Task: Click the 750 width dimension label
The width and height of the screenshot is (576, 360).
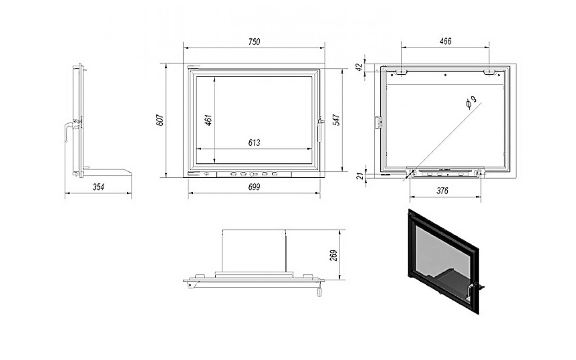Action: (254, 42)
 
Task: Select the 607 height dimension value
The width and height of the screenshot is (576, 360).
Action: (160, 120)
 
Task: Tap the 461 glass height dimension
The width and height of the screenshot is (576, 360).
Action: (208, 120)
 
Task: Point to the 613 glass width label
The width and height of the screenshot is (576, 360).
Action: (254, 143)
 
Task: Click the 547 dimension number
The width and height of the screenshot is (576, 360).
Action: (336, 120)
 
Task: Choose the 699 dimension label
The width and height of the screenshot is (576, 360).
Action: (254, 187)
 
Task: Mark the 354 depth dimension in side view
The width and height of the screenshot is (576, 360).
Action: (99, 187)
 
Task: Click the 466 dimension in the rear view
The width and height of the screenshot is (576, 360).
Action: (445, 41)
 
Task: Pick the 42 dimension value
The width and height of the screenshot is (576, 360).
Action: (360, 67)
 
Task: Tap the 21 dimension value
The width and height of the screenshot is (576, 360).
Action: (361, 176)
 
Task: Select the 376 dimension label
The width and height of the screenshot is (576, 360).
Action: (442, 191)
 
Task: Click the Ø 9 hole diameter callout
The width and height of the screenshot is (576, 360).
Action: (471, 103)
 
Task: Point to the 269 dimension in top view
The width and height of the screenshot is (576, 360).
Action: (333, 255)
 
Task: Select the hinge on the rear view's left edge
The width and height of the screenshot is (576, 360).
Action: (378, 122)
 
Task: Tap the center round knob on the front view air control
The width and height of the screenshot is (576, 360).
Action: (252, 174)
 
